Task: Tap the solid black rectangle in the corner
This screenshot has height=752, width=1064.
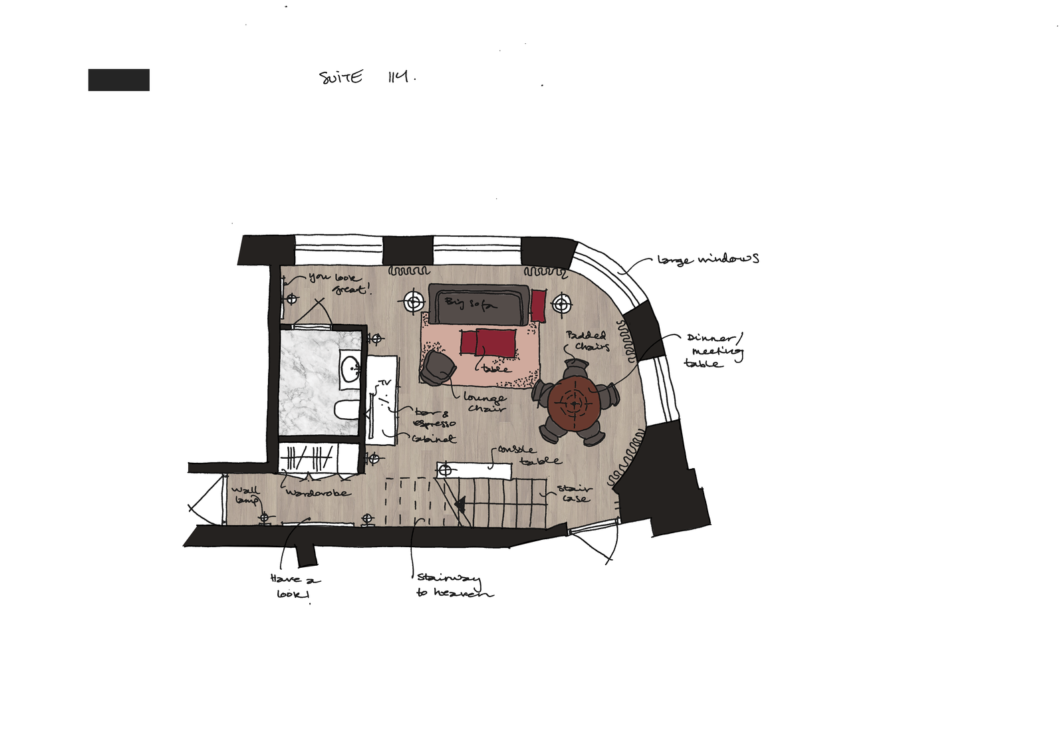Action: (x=118, y=80)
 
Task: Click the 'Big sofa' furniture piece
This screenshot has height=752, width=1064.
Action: (x=477, y=304)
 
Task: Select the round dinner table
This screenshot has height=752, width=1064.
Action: (x=574, y=403)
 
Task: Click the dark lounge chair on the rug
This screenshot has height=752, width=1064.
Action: (x=438, y=368)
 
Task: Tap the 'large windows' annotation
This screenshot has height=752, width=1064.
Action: (x=708, y=259)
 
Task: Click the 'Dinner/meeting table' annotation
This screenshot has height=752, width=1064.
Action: (x=713, y=350)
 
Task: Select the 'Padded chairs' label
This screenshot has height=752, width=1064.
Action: (x=587, y=341)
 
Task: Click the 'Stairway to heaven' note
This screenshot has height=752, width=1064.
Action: (x=454, y=586)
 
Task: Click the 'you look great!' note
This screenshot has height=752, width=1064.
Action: (x=338, y=283)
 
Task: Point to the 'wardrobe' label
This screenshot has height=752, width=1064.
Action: (x=318, y=493)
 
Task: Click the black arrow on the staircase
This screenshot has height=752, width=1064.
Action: (x=460, y=503)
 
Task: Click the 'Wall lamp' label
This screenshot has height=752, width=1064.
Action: (x=245, y=495)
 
